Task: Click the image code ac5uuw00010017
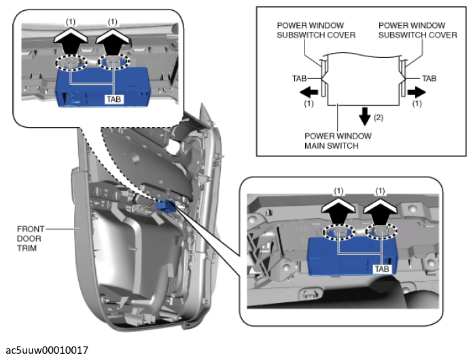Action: [x=47, y=350]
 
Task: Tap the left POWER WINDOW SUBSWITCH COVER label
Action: [x=315, y=31]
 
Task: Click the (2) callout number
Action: [x=379, y=117]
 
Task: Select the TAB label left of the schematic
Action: [x=300, y=79]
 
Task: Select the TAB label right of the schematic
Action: [x=430, y=79]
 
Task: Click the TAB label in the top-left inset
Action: [x=114, y=98]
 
